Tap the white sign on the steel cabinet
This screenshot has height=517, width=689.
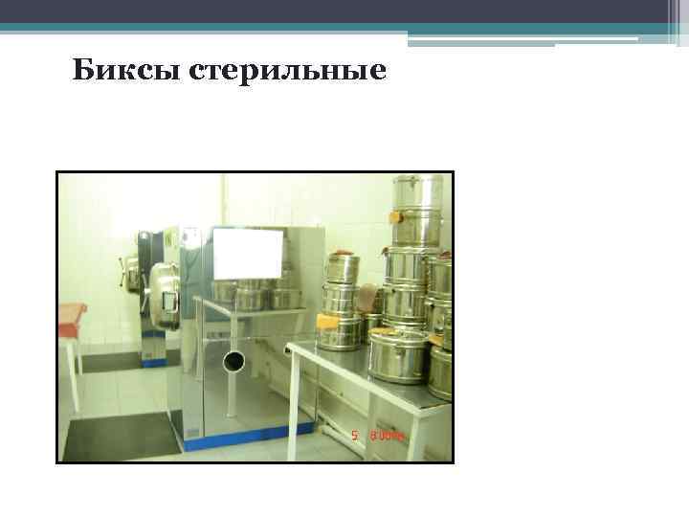click(x=248, y=254)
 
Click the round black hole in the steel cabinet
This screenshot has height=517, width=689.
click(x=233, y=361)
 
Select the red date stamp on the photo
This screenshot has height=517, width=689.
click(x=381, y=436)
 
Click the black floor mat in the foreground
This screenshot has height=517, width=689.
click(x=121, y=436)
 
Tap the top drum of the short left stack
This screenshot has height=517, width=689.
click(x=341, y=267)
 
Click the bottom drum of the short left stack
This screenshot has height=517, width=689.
click(x=342, y=328)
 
